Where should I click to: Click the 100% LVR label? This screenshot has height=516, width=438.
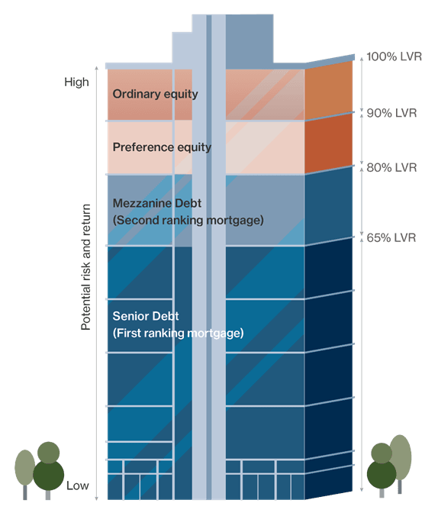(x=394, y=56)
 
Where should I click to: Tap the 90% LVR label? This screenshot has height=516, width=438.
(x=391, y=113)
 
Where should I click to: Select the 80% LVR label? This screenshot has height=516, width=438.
(x=391, y=167)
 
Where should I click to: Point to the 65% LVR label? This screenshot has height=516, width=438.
(x=391, y=237)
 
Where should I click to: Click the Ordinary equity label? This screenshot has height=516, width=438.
(x=156, y=94)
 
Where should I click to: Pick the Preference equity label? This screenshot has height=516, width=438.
(x=162, y=147)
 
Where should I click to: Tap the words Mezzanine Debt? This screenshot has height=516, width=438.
(x=157, y=203)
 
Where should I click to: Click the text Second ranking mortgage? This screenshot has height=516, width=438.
(x=188, y=220)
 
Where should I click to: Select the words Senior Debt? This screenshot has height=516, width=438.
(x=146, y=316)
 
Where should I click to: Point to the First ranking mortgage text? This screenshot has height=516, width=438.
(x=178, y=333)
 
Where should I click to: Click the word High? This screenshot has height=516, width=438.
(x=76, y=82)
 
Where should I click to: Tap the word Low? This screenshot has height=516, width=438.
(x=78, y=485)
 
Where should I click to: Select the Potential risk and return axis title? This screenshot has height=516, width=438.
(x=85, y=267)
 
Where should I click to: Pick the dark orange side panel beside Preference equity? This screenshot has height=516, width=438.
(x=328, y=144)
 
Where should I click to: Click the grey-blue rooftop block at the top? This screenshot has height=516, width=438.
(x=249, y=39)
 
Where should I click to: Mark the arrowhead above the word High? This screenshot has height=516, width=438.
(x=97, y=68)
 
